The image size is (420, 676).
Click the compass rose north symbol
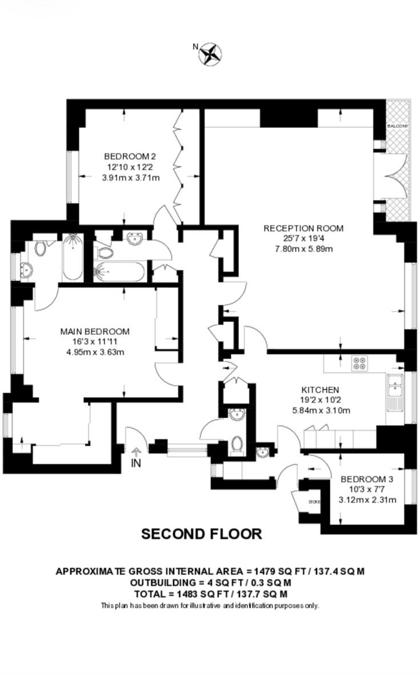[x=210, y=54]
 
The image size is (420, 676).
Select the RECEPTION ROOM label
[x=303, y=229]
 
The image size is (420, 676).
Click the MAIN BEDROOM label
[x=95, y=331]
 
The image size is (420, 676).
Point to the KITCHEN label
[x=320, y=390]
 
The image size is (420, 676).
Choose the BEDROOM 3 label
[x=367, y=479]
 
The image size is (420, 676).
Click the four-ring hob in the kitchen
[x=359, y=363]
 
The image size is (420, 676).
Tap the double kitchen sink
[x=394, y=385]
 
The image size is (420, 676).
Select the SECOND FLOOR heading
[x=201, y=534]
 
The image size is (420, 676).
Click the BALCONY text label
[x=398, y=126]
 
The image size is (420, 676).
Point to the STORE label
[x=314, y=502]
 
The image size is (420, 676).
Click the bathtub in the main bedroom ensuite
[x=73, y=257]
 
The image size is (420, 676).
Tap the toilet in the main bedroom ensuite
[x=41, y=248]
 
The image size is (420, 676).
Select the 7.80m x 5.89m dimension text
[x=304, y=249]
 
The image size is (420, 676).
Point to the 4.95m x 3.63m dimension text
[x=95, y=352]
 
